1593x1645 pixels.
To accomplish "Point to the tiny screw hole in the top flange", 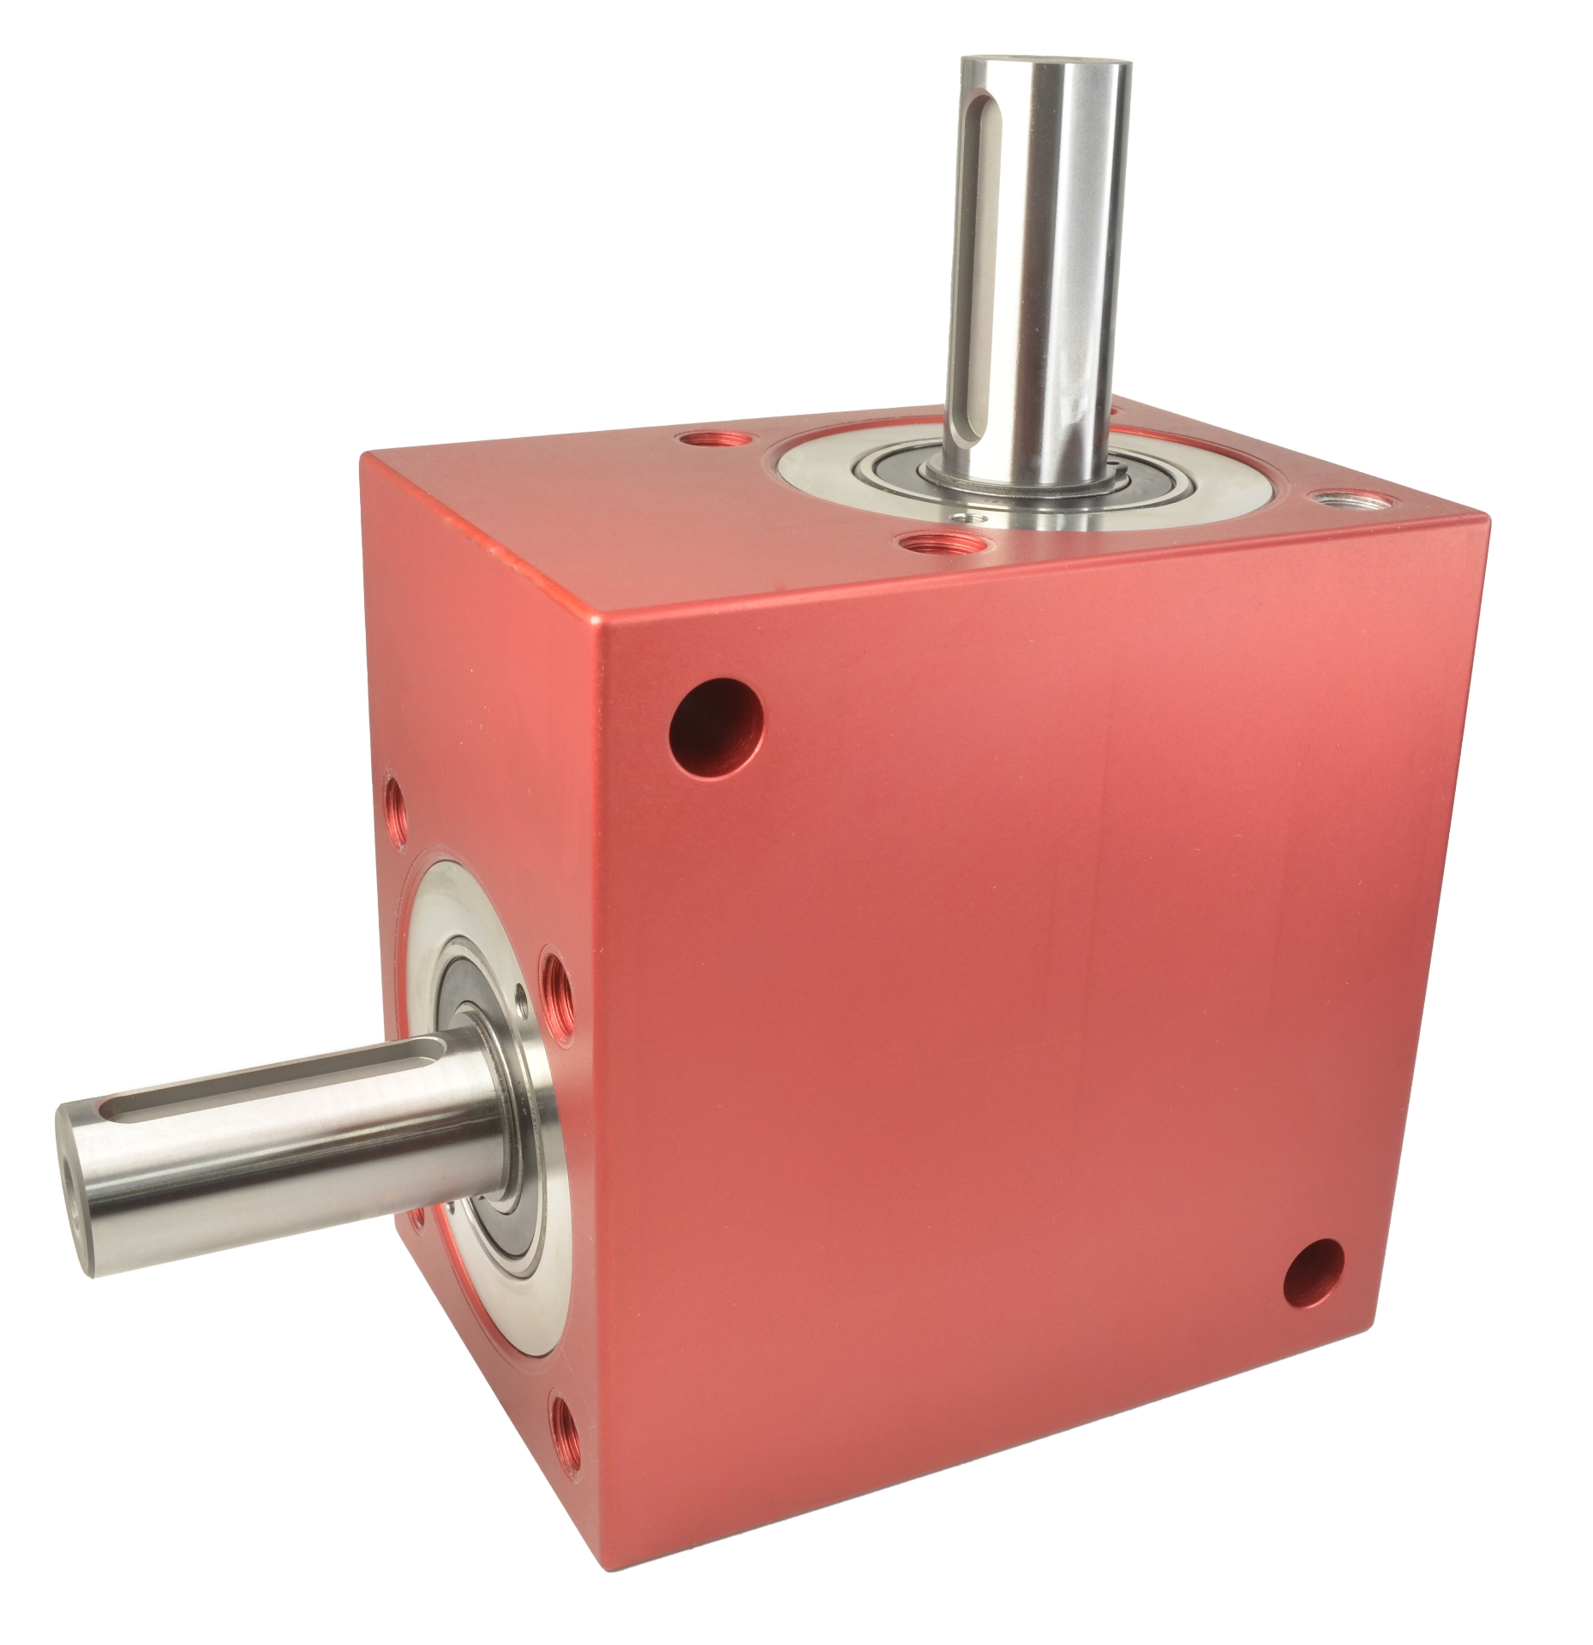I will [x=961, y=517].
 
